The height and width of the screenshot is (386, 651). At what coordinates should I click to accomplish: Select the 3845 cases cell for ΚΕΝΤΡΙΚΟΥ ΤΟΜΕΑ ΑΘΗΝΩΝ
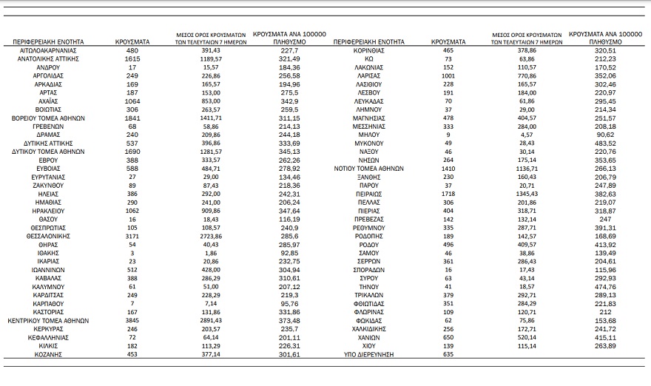coord(132,320)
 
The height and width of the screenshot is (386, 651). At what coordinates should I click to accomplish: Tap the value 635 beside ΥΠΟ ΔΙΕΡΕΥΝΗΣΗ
coord(446,354)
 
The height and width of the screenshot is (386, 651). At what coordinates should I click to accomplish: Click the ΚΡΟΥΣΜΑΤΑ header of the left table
coord(132,42)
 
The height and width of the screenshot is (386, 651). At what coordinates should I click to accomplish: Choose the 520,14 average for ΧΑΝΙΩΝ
coord(527,337)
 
